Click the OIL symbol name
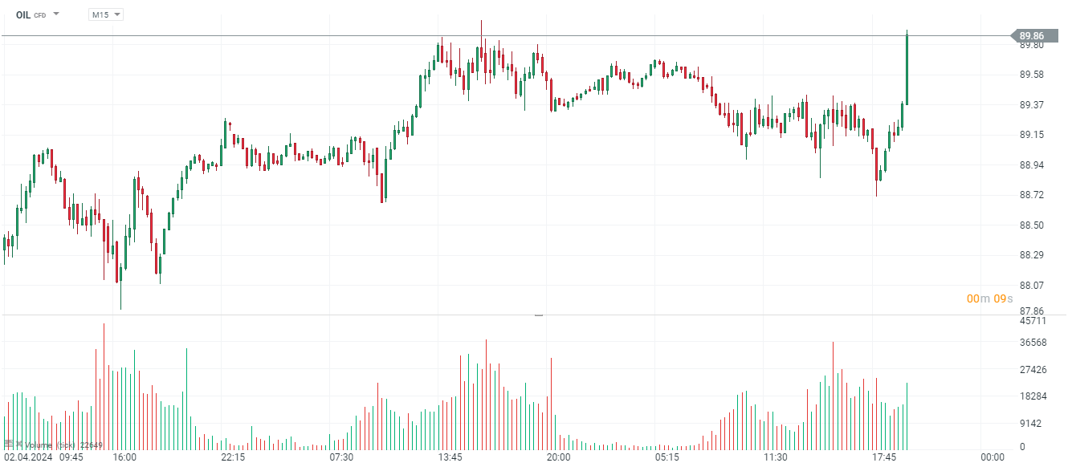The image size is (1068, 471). coord(22,14)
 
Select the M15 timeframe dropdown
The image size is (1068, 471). coord(105,14)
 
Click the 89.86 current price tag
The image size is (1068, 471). coord(1032,35)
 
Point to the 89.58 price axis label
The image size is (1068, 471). coord(1032,75)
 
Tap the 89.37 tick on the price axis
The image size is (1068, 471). coord(1032,105)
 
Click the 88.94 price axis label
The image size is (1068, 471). coord(1032,165)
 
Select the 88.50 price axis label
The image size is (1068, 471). coord(1032,225)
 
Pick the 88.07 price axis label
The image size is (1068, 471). coord(1032,286)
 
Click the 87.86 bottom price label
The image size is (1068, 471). coord(1032,311)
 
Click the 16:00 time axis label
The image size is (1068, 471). coord(124,457)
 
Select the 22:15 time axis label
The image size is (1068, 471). coord(233,457)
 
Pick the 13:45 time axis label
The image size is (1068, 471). coord(450,457)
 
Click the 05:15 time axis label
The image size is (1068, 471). coord(666,457)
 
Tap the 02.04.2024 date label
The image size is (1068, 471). coord(26,457)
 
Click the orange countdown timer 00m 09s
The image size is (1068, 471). coord(989,298)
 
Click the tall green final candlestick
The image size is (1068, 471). coord(907,70)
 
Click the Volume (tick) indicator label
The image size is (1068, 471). coord(50,445)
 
